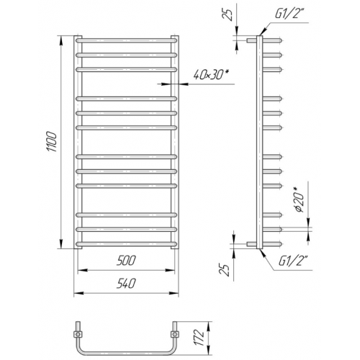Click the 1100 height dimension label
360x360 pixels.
pyautogui.click(x=52, y=142)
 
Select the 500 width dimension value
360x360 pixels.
pyautogui.click(x=126, y=261)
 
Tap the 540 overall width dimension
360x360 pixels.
pyautogui.click(x=126, y=284)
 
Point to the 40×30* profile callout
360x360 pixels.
pyautogui.click(x=210, y=76)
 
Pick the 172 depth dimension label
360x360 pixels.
pyautogui.click(x=199, y=338)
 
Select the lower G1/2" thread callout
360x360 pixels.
pyautogui.click(x=292, y=261)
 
